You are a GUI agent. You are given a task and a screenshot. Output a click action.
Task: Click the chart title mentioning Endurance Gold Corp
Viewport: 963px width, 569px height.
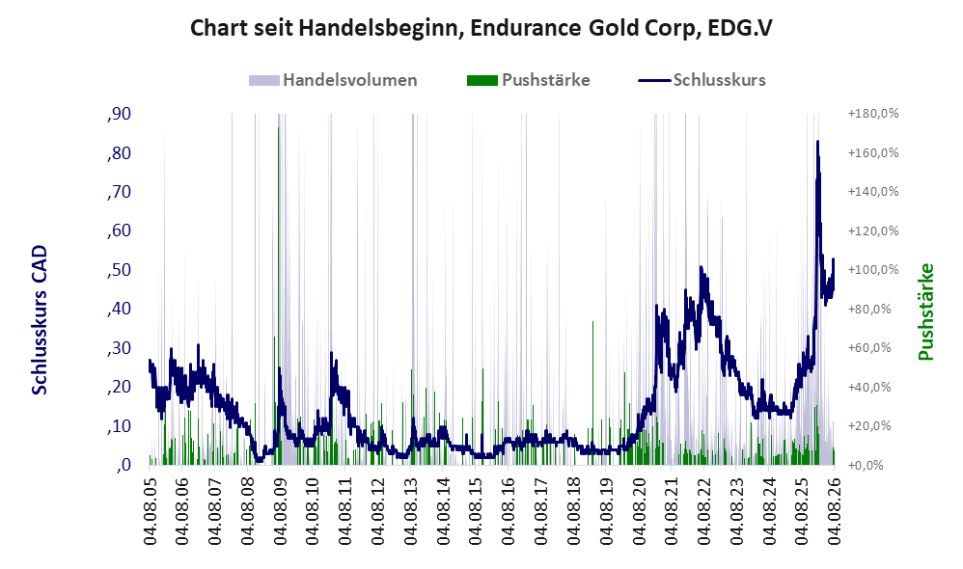coord(481,28)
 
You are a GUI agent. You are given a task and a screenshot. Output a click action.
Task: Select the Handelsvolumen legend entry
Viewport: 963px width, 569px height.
coord(333,80)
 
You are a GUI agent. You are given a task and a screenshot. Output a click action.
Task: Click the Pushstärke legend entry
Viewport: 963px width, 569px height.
coord(528,80)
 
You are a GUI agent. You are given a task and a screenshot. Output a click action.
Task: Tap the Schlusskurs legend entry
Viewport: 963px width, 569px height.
coord(702,80)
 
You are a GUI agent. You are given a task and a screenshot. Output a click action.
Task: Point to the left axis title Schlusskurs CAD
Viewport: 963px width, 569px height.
coord(40,320)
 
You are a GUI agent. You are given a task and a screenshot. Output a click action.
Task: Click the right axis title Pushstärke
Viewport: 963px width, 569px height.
coord(925,312)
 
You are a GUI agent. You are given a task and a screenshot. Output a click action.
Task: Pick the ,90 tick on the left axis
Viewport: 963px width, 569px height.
coord(119,114)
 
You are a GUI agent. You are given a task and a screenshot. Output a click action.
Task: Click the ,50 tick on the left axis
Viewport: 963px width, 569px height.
coord(119,270)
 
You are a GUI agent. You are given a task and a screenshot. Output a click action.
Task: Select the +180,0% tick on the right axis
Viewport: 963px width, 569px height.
coord(872,114)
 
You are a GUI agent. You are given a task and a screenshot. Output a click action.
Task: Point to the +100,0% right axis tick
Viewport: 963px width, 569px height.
coord(872,269)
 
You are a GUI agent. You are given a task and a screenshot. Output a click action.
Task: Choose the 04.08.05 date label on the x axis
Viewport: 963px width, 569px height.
coord(150,511)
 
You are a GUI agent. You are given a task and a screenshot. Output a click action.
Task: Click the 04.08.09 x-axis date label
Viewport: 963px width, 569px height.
coord(280,511)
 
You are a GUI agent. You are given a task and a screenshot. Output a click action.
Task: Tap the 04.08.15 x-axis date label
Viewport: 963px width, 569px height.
coord(476,511)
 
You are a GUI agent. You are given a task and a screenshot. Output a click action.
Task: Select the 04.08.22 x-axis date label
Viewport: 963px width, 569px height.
coord(703,511)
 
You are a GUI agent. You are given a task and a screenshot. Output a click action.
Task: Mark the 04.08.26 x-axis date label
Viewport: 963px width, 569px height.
coord(834,511)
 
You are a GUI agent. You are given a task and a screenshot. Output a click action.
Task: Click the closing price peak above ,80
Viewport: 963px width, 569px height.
coord(817,143)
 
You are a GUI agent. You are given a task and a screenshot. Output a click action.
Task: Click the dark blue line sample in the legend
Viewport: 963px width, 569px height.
coord(654,80)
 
